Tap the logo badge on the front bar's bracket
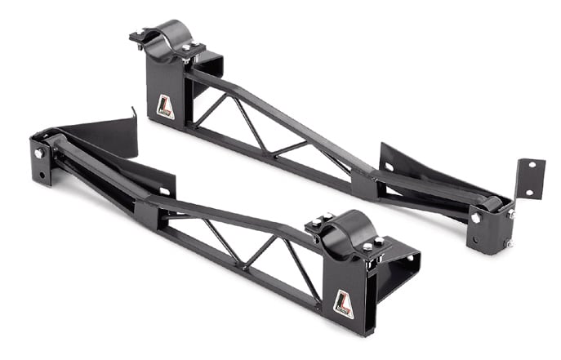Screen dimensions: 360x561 [344, 303]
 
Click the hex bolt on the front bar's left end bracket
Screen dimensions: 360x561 [38, 154]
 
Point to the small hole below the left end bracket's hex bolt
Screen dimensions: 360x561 [36, 171]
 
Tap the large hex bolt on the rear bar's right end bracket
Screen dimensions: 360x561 [475, 217]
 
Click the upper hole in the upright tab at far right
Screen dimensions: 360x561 [531, 166]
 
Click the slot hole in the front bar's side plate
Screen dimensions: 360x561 [165, 192]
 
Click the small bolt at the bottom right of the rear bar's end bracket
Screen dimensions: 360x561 [508, 242]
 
